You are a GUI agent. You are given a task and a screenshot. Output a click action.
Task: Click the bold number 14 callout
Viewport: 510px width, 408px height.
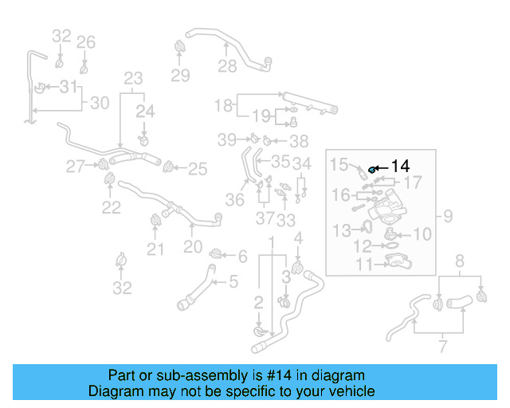point(400,167)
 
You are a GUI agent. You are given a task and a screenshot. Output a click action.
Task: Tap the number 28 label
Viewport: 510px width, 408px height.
point(228,66)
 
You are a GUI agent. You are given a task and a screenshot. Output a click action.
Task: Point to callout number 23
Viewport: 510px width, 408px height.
point(133,78)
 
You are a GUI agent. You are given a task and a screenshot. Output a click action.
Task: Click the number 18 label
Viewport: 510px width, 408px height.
point(223,104)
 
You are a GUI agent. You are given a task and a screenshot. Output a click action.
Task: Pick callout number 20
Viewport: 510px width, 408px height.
point(193,247)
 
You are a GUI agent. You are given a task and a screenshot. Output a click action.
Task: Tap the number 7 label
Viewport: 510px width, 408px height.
point(443,346)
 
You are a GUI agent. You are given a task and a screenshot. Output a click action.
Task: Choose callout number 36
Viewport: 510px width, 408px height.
point(234,200)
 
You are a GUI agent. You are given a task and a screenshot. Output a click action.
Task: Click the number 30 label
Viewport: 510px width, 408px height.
point(99,102)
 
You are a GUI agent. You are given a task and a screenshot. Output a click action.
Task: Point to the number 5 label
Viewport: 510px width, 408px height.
point(233,280)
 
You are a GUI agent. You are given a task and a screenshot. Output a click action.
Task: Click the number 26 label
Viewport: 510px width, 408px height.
point(86,42)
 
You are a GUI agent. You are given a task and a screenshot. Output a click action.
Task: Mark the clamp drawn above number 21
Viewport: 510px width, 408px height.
point(155,222)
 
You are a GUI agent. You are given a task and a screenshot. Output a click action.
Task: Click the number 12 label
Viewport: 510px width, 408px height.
point(363,247)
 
